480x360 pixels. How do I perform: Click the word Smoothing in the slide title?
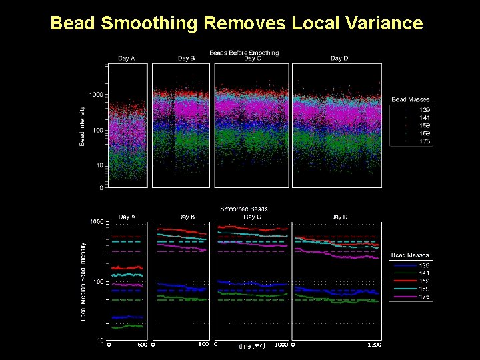151,24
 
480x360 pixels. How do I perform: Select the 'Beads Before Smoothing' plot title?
244,53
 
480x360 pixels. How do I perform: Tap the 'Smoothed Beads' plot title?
244,209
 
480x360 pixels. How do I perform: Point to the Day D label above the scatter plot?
339,59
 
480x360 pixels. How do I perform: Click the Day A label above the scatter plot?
127,59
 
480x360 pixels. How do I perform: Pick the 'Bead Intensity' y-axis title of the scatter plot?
82,125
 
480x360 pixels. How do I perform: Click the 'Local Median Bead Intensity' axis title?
83,281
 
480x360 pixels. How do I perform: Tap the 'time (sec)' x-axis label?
252,346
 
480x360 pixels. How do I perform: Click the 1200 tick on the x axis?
375,345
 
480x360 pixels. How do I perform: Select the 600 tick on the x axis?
142,345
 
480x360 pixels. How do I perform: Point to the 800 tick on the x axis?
204,344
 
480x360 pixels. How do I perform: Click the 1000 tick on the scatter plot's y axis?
96,95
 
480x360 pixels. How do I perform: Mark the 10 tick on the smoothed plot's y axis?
98,340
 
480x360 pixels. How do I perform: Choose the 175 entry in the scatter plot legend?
425,141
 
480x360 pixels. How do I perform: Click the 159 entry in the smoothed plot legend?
425,280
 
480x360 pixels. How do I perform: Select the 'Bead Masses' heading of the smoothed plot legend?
410,255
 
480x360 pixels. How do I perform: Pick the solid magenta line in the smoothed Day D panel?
340,256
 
